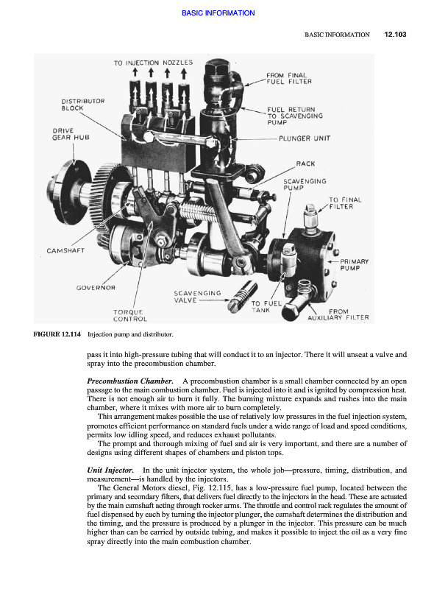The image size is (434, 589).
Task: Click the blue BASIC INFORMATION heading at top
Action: coord(218,13)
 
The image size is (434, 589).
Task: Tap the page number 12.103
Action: coord(395,34)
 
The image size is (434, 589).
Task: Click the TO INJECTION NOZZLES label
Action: coord(153,63)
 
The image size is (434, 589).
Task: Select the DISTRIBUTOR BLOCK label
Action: coord(83,105)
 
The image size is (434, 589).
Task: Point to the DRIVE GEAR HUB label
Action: coord(71,134)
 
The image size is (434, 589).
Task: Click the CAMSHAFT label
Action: coord(65,250)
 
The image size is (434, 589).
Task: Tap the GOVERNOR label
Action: coord(96,288)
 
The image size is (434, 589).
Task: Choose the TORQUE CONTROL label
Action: coord(130,316)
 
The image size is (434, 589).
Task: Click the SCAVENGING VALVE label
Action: coord(197,297)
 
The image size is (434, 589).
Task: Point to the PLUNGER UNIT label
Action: coord(305,138)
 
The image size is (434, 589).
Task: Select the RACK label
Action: coord(305,163)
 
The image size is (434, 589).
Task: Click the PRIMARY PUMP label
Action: coord(354,264)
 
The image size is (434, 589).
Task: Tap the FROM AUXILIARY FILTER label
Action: coord(338,314)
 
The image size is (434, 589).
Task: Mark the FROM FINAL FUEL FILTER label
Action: coord(288,78)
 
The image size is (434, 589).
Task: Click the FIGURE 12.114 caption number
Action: coord(57,334)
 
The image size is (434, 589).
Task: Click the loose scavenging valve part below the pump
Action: coord(242,297)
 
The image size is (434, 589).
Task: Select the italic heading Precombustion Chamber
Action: coord(130,381)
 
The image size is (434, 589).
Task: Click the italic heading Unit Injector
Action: coord(110,470)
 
